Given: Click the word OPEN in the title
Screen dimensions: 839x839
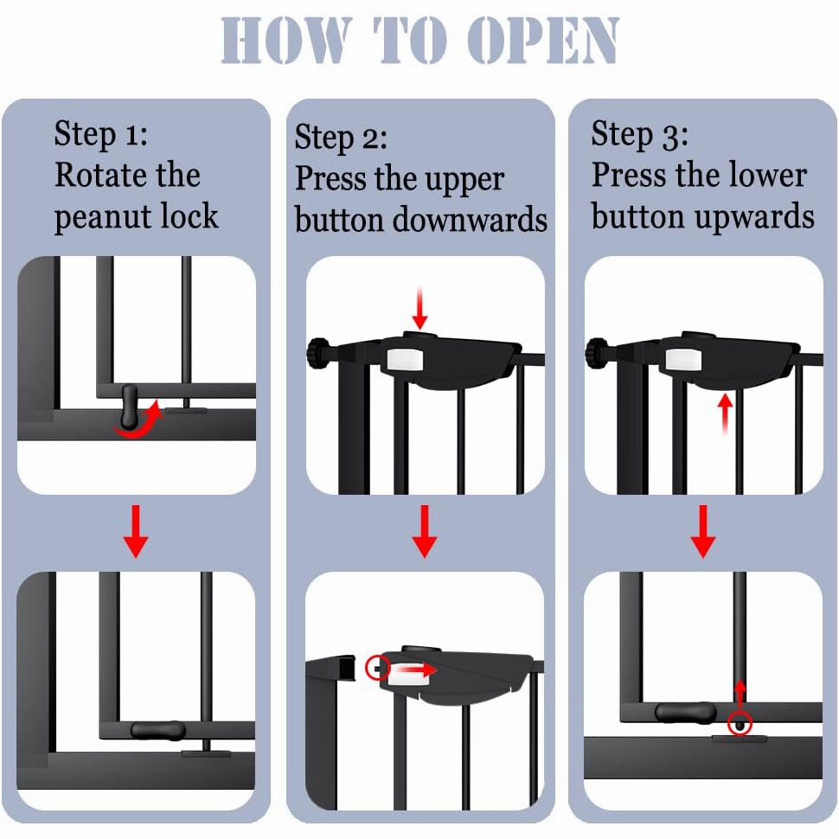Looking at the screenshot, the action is click(543, 40).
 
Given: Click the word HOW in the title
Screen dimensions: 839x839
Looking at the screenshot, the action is click(287, 40).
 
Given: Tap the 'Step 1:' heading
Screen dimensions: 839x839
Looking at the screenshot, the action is click(100, 134).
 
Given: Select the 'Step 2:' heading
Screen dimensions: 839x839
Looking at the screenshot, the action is click(341, 138).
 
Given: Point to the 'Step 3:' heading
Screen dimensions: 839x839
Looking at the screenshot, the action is click(639, 134).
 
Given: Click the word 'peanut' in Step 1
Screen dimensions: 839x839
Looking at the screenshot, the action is click(103, 218).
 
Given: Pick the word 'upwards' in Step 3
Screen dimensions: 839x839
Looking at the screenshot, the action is click(754, 217).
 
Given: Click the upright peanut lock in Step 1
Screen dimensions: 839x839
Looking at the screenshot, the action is click(130, 407).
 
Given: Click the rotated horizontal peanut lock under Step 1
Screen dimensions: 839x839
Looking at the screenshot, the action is click(157, 731).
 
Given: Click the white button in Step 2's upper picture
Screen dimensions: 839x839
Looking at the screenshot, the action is click(405, 360).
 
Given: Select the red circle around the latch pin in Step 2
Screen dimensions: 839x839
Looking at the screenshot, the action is click(378, 668).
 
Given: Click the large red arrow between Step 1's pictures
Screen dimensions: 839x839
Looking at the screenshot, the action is click(136, 531).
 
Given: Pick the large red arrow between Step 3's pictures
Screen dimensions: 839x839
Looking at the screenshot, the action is click(703, 531).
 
